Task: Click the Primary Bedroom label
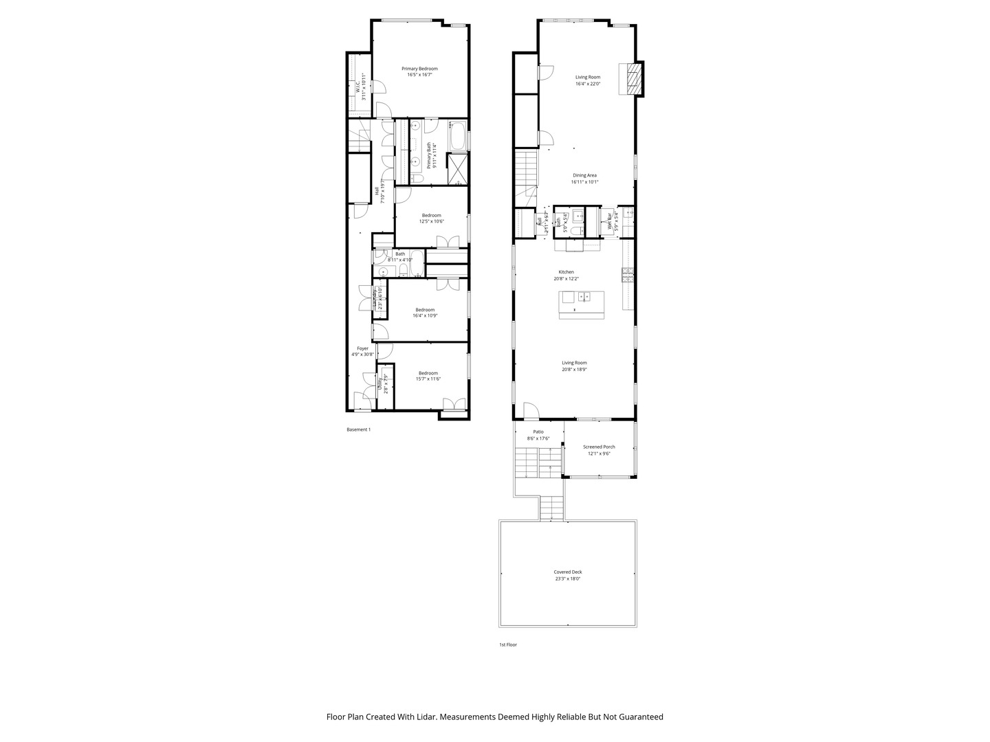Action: click(419, 69)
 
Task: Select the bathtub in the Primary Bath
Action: click(458, 137)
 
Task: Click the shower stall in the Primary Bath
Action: click(457, 169)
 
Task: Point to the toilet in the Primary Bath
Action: click(417, 179)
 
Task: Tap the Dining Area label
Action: click(584, 175)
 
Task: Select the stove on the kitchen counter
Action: click(628, 275)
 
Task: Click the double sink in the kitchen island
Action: click(584, 297)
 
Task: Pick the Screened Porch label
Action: click(599, 447)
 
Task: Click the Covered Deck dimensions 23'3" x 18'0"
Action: click(568, 579)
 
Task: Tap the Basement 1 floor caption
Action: click(358, 430)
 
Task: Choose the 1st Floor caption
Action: click(508, 645)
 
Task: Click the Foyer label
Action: click(362, 348)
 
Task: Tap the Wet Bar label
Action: click(609, 220)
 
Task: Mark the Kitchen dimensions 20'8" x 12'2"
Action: click(566, 278)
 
